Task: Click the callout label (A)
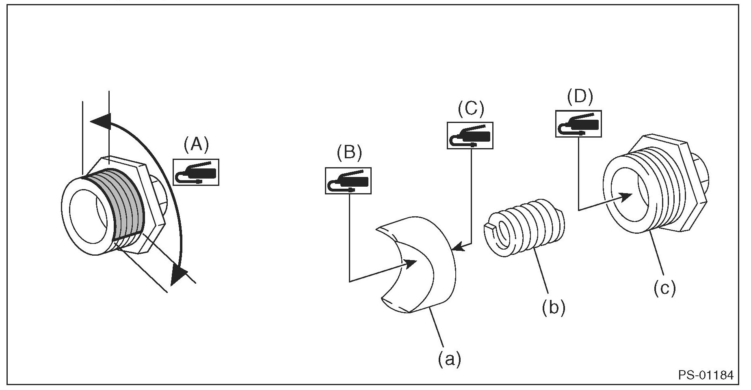click(x=196, y=145)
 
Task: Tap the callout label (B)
click(x=349, y=152)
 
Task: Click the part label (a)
click(x=449, y=359)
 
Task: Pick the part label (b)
click(x=553, y=308)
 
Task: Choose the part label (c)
click(x=664, y=288)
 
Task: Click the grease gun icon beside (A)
click(x=196, y=172)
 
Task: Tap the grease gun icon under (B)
click(x=348, y=181)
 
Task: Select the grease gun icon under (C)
click(x=470, y=136)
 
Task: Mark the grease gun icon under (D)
click(x=578, y=123)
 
